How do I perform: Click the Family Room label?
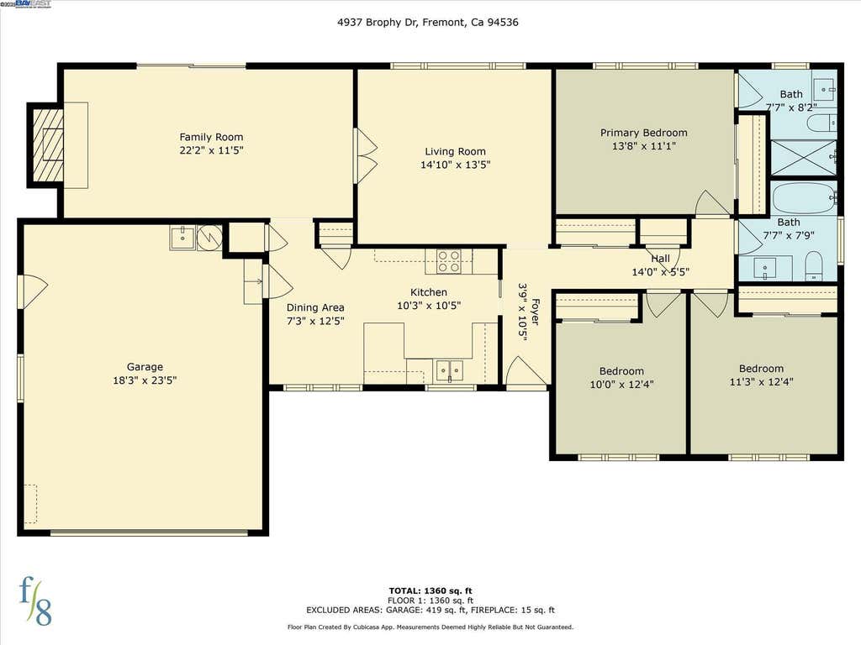coord(211,137)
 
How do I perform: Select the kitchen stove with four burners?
coord(449,262)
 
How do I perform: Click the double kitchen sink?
coord(449,370)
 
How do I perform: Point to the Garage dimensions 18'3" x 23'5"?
coord(145,380)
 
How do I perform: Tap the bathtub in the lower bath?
coord(804,198)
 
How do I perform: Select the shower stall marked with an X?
coord(803,157)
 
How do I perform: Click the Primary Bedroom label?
coord(643,133)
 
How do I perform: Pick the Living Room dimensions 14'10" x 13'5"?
coord(455,165)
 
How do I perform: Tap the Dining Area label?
coord(315,307)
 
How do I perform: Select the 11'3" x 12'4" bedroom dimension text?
coord(761,382)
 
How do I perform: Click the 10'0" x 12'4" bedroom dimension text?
coord(621,385)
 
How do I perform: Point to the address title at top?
coord(428,23)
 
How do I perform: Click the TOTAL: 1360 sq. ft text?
coord(430,590)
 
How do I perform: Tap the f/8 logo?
coord(35,601)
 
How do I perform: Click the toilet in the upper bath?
coord(822,123)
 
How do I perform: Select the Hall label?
coord(661,259)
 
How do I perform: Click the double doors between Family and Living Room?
coord(365,155)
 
